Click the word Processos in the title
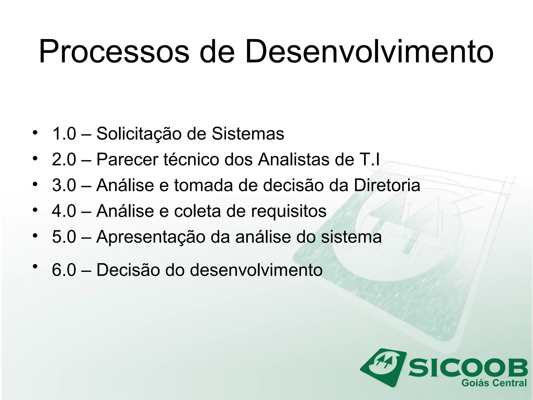114,52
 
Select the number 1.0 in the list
64,134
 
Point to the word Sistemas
248,134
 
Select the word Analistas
294,159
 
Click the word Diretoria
387,185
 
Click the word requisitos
289,211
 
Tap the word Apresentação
151,237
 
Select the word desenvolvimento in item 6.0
256,270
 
